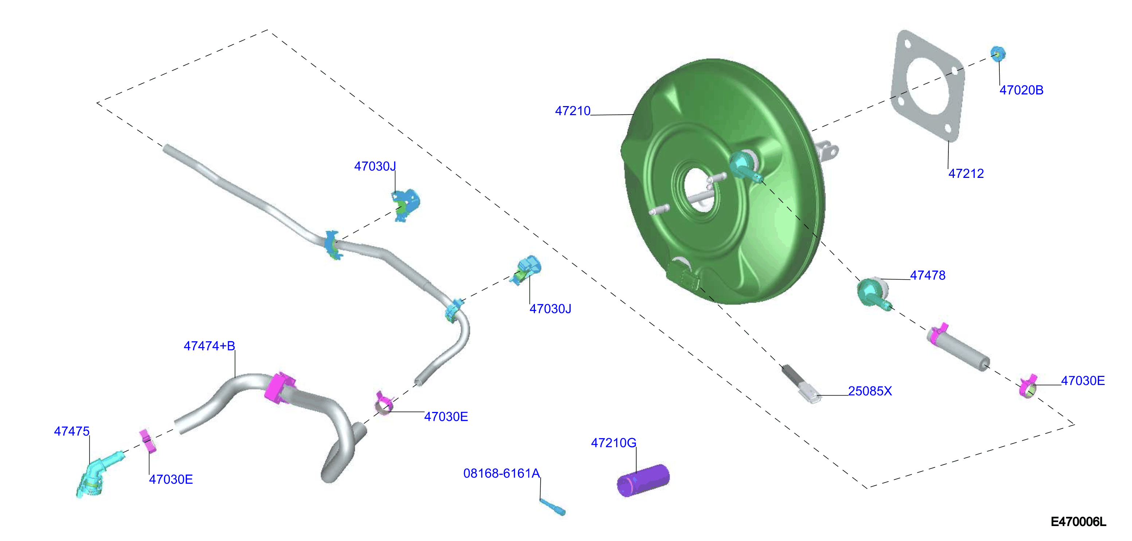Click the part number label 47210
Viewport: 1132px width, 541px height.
[573, 111]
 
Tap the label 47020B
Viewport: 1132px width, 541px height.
[1021, 90]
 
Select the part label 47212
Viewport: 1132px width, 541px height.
[966, 174]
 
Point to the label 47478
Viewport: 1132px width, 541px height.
[928, 275]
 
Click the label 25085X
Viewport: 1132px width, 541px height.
[870, 391]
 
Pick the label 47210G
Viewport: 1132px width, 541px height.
[614, 443]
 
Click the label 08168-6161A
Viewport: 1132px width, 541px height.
[501, 473]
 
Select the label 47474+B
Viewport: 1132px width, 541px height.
[209, 346]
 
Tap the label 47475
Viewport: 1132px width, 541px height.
[72, 432]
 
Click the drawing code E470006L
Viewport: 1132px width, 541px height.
[1078, 522]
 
